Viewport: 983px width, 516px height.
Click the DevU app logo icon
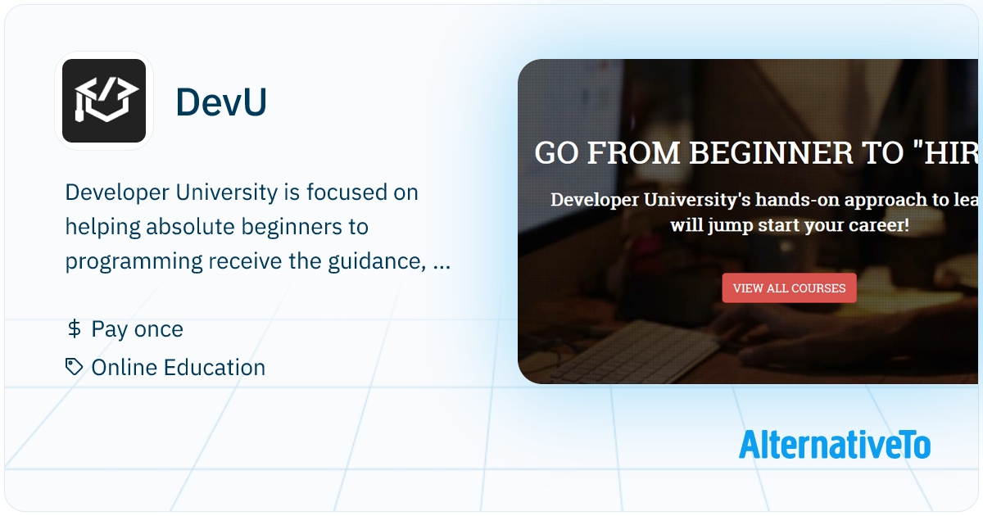(104, 101)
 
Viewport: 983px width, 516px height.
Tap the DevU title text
(221, 102)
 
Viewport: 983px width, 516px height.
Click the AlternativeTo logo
(834, 444)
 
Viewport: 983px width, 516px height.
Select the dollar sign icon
(74, 329)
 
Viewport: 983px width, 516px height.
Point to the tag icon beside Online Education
(75, 367)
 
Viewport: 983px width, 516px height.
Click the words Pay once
(137, 329)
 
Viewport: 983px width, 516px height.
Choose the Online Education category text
(178, 368)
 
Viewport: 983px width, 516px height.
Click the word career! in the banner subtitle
(871, 224)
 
